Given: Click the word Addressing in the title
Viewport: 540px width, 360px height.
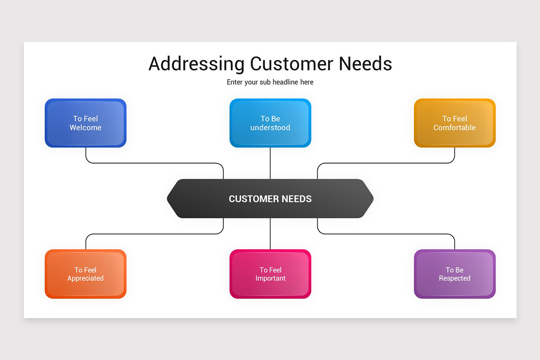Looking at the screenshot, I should [x=196, y=64].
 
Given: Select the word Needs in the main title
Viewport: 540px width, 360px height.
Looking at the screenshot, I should [x=365, y=64].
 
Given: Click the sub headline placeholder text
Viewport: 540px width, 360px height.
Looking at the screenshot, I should [x=270, y=82].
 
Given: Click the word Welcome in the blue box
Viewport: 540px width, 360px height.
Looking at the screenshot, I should [x=85, y=128].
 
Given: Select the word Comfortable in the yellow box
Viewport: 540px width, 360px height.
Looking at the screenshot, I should [x=454, y=128].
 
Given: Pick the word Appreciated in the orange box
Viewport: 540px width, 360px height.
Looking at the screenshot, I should [x=85, y=279].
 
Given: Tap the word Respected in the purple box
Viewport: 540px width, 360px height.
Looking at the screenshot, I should [x=454, y=279].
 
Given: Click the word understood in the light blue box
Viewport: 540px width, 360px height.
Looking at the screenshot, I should [x=270, y=128].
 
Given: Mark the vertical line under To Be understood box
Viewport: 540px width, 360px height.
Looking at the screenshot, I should [x=270, y=163].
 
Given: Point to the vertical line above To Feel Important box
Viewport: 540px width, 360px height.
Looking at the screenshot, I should [x=270, y=234].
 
